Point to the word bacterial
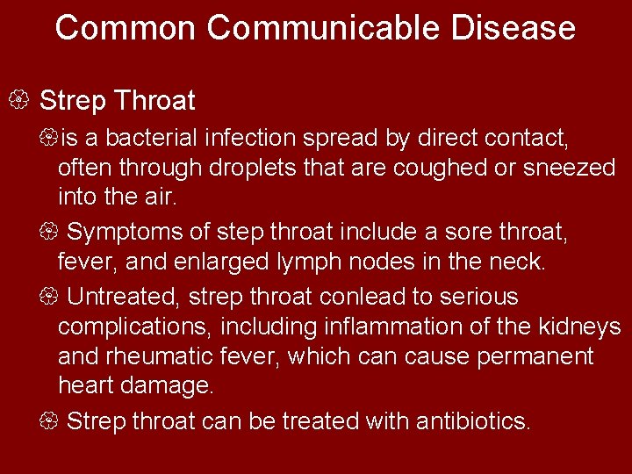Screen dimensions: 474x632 [x=150, y=139]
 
